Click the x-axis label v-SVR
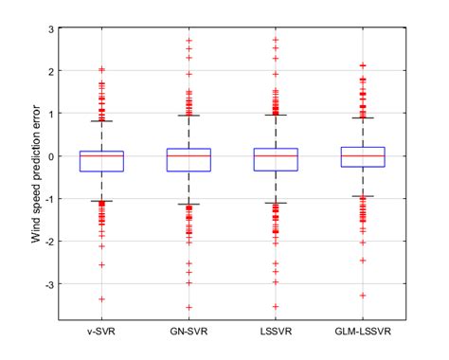[x=101, y=333]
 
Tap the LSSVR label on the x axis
[x=276, y=333]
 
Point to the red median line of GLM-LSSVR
[x=362, y=155]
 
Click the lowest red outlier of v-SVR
[x=101, y=298]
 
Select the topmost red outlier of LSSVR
[x=276, y=40]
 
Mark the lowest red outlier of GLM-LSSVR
[x=362, y=295]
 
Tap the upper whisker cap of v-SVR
[x=101, y=121]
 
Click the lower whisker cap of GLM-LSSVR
[x=362, y=196]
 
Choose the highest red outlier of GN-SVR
[x=189, y=41]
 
